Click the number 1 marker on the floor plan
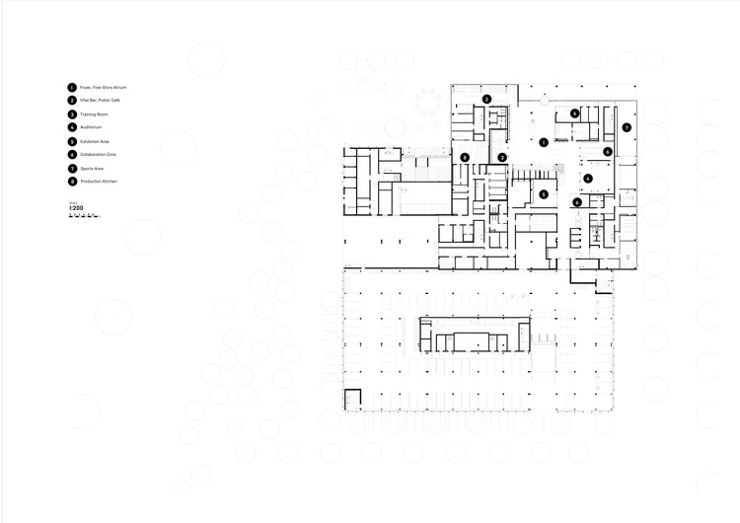[544, 142]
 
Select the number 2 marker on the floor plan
[487, 99]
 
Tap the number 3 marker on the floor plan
[502, 158]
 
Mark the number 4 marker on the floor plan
[588, 178]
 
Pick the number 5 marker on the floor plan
[543, 194]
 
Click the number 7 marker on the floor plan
[627, 128]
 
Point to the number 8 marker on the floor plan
[465, 158]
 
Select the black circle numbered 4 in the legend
[72, 128]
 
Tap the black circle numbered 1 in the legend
[72, 88]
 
